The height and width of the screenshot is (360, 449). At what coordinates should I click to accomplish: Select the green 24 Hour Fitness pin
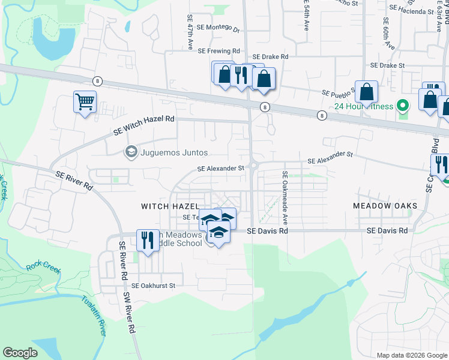click(403, 107)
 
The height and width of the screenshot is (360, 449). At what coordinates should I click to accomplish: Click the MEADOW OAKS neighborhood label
click(385, 206)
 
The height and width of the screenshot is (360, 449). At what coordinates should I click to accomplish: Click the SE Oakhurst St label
click(153, 286)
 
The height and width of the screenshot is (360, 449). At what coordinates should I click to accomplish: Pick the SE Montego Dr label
click(220, 29)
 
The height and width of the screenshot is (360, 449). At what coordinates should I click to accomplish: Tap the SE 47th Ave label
click(190, 32)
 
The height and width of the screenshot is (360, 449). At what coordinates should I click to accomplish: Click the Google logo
click(20, 352)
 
